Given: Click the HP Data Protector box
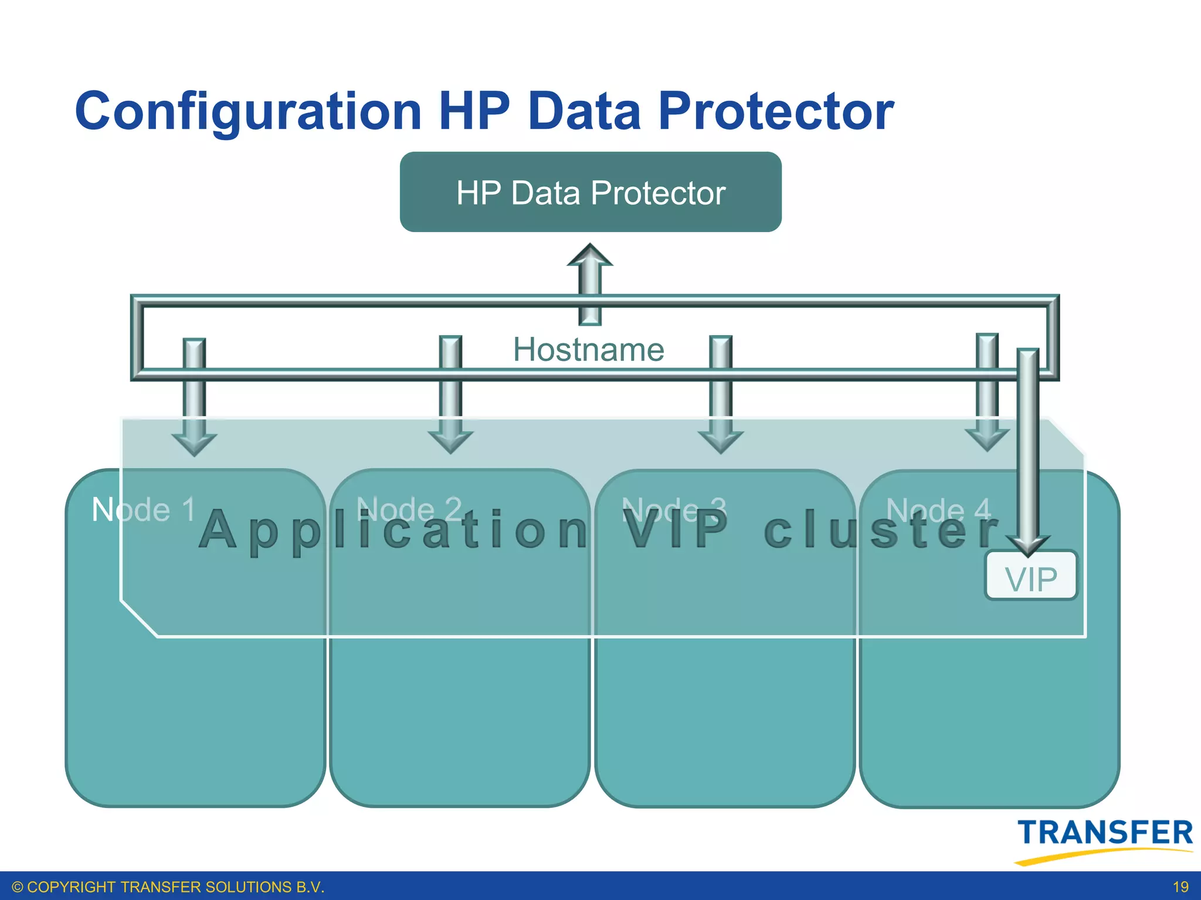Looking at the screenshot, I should coord(591,192).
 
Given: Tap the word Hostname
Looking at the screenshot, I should coord(588,350).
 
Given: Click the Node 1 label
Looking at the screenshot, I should coord(144,509).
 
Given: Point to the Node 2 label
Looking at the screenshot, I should coord(409,509).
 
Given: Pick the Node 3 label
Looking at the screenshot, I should coord(674,509).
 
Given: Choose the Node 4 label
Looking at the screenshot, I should coord(939,509).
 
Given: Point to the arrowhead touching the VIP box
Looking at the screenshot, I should coord(1027,545).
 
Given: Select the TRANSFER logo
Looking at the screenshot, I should coord(1105,833).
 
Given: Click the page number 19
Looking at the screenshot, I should coord(1180,887).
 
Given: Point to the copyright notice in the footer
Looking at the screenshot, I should coord(168,887).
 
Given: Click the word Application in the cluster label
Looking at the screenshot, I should coord(393,530).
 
